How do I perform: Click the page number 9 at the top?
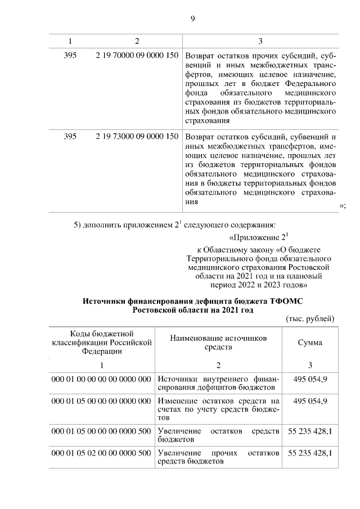[x=192, y=19]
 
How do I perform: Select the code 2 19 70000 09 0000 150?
[x=137, y=56]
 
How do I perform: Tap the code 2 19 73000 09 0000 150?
[x=137, y=136]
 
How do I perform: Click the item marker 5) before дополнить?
[x=79, y=226]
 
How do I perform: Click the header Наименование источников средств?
[x=219, y=342]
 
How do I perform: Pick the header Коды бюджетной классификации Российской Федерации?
[x=102, y=343]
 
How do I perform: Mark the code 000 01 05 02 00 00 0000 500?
[x=102, y=453]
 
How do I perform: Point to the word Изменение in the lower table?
[x=179, y=401]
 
